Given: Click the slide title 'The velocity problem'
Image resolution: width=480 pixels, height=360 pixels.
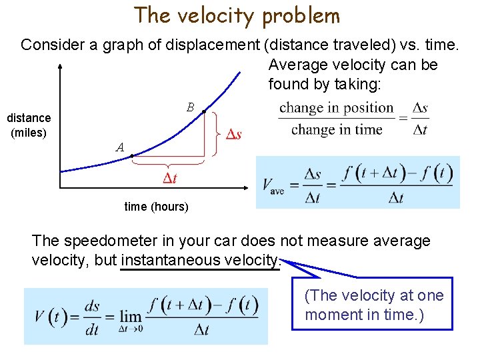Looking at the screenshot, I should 237,15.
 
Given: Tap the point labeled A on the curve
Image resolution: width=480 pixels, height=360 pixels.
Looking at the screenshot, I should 132,156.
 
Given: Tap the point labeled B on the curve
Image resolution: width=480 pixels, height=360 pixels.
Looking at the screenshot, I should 203,111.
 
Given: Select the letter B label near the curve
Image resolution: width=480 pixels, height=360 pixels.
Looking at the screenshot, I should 190,107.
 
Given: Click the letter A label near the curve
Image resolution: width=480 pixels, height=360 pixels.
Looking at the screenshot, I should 119,147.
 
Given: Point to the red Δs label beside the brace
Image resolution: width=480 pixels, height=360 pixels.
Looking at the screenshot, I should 231,135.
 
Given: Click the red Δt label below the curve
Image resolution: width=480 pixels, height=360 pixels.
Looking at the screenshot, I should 170,178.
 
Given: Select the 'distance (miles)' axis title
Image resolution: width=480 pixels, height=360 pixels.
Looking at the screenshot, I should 29,125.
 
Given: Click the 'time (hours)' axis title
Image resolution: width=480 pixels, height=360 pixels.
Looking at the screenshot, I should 157,207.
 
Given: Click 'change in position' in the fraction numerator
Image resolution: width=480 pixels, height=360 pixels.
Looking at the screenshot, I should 337,108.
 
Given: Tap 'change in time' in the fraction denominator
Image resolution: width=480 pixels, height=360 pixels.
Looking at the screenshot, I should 337,129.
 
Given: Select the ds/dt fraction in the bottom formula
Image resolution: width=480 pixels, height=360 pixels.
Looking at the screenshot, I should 92,315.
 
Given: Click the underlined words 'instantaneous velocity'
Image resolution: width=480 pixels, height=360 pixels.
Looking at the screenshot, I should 200,260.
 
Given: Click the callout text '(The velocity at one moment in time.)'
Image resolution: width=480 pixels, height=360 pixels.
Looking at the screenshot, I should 373,305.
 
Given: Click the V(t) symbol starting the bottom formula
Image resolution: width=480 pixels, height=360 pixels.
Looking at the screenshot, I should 50,315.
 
